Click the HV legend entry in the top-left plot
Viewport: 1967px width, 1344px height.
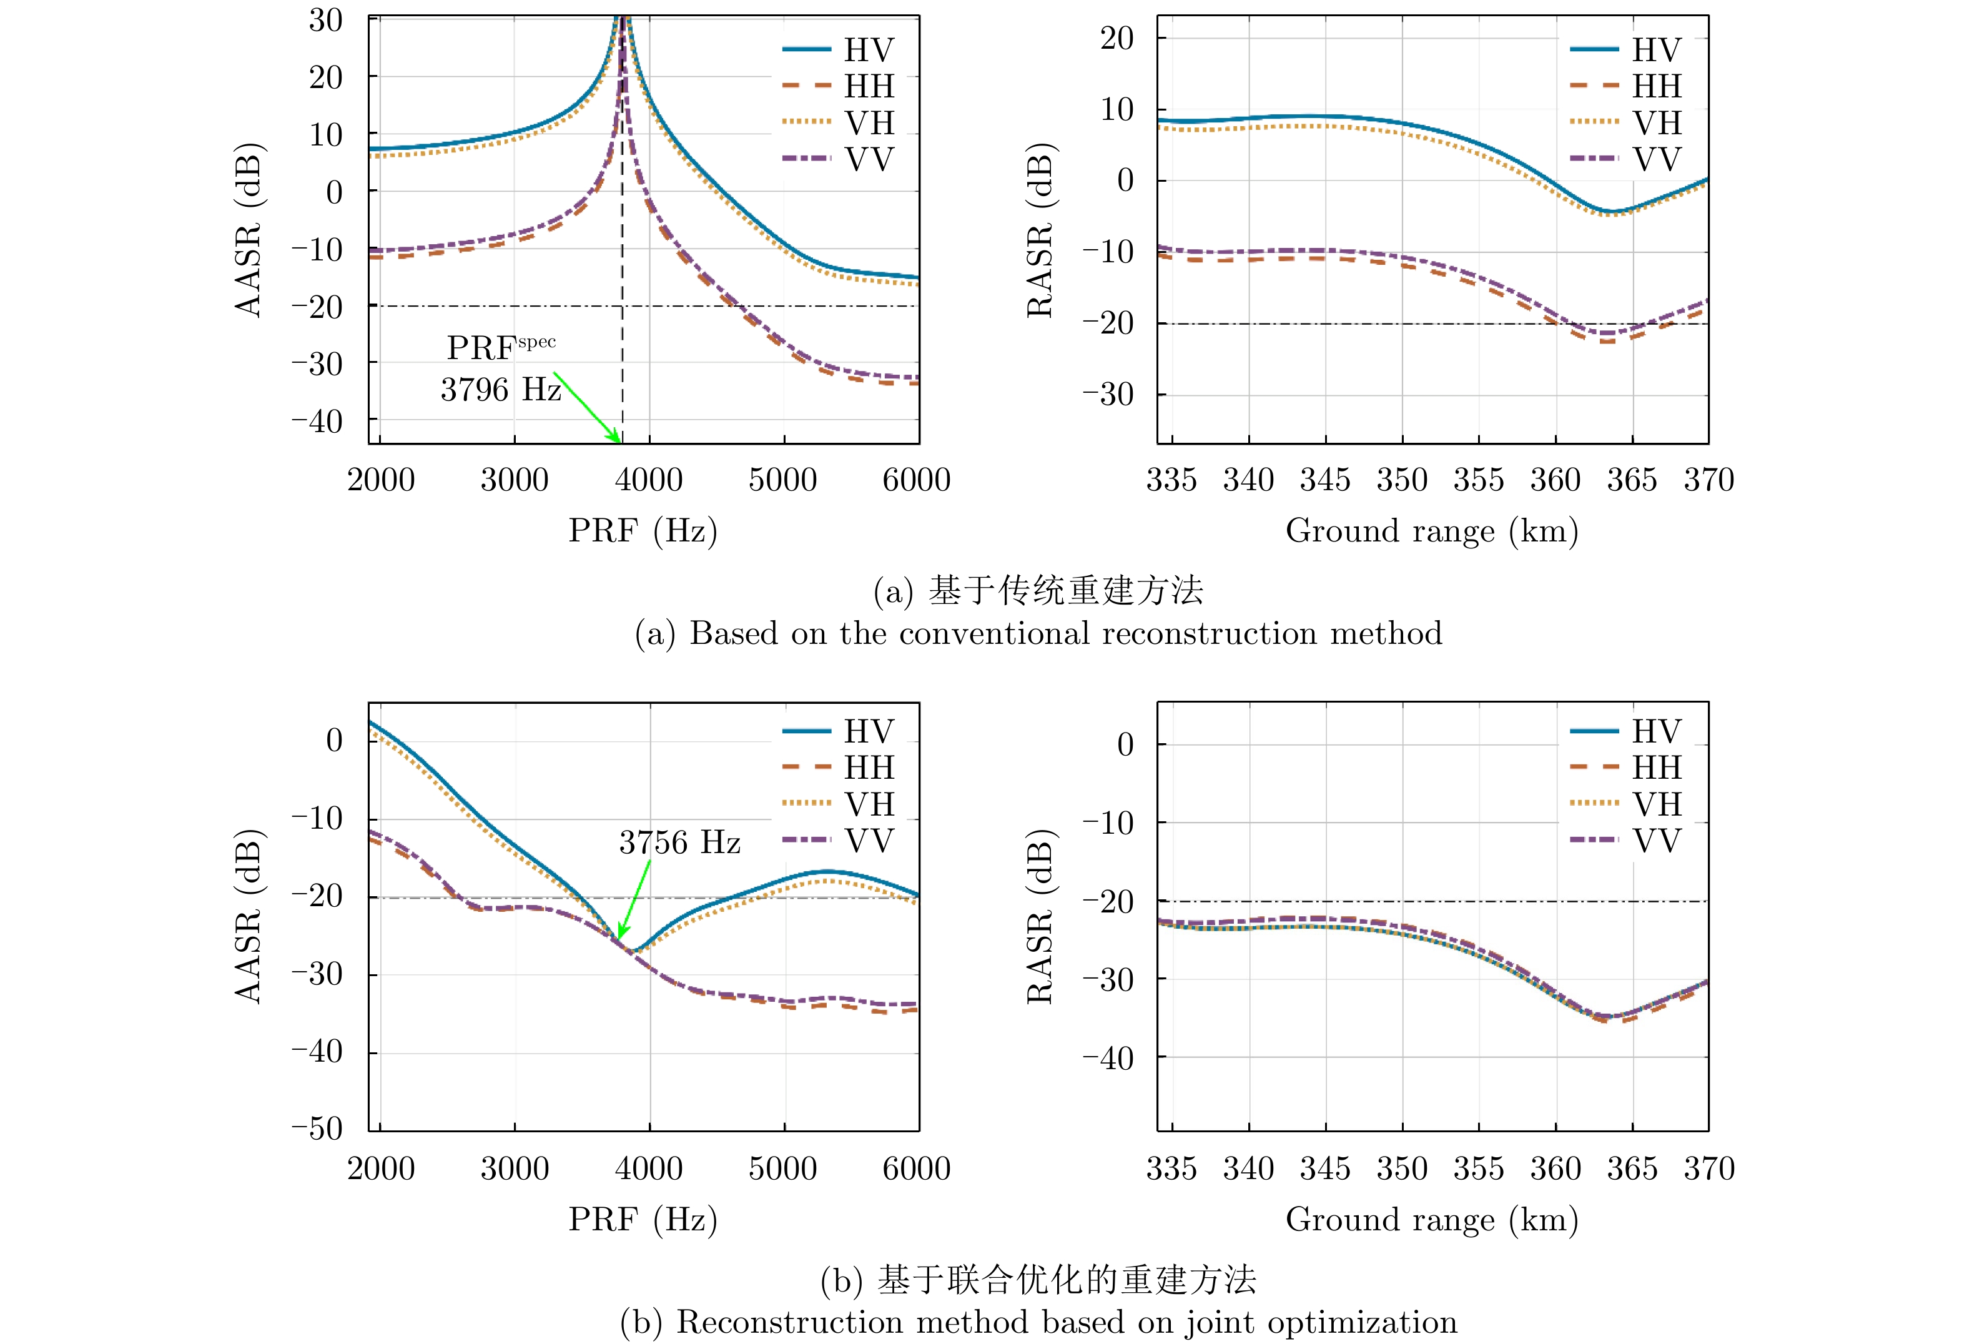pos(838,50)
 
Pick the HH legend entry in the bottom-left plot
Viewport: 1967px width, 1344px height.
pos(838,768)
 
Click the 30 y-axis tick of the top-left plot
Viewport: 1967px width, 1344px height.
pos(326,21)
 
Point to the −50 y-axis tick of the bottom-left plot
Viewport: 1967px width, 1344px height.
pos(317,1128)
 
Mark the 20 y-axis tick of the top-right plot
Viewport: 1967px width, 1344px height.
pos(1117,38)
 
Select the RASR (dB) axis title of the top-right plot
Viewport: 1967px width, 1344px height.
pos(1040,230)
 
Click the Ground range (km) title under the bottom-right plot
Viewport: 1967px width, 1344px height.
pos(1432,1220)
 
